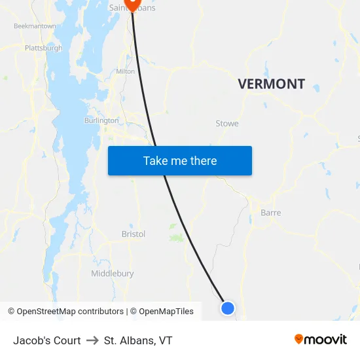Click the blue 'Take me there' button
click(x=180, y=160)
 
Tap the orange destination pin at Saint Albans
click(x=132, y=4)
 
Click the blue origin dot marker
click(x=227, y=308)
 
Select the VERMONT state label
click(x=271, y=84)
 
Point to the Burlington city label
click(x=101, y=120)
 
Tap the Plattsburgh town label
click(x=43, y=48)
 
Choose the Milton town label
click(x=125, y=71)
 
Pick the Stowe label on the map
click(x=227, y=123)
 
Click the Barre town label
click(x=270, y=213)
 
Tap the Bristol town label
click(x=134, y=234)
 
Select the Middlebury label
click(x=113, y=273)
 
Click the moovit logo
click(x=320, y=340)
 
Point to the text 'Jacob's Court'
click(x=47, y=340)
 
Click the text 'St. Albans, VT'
click(x=138, y=340)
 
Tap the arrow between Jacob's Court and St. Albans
click(x=92, y=340)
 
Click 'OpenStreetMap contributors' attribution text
click(x=70, y=312)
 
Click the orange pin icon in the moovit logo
click(x=299, y=339)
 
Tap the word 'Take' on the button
click(x=155, y=160)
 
